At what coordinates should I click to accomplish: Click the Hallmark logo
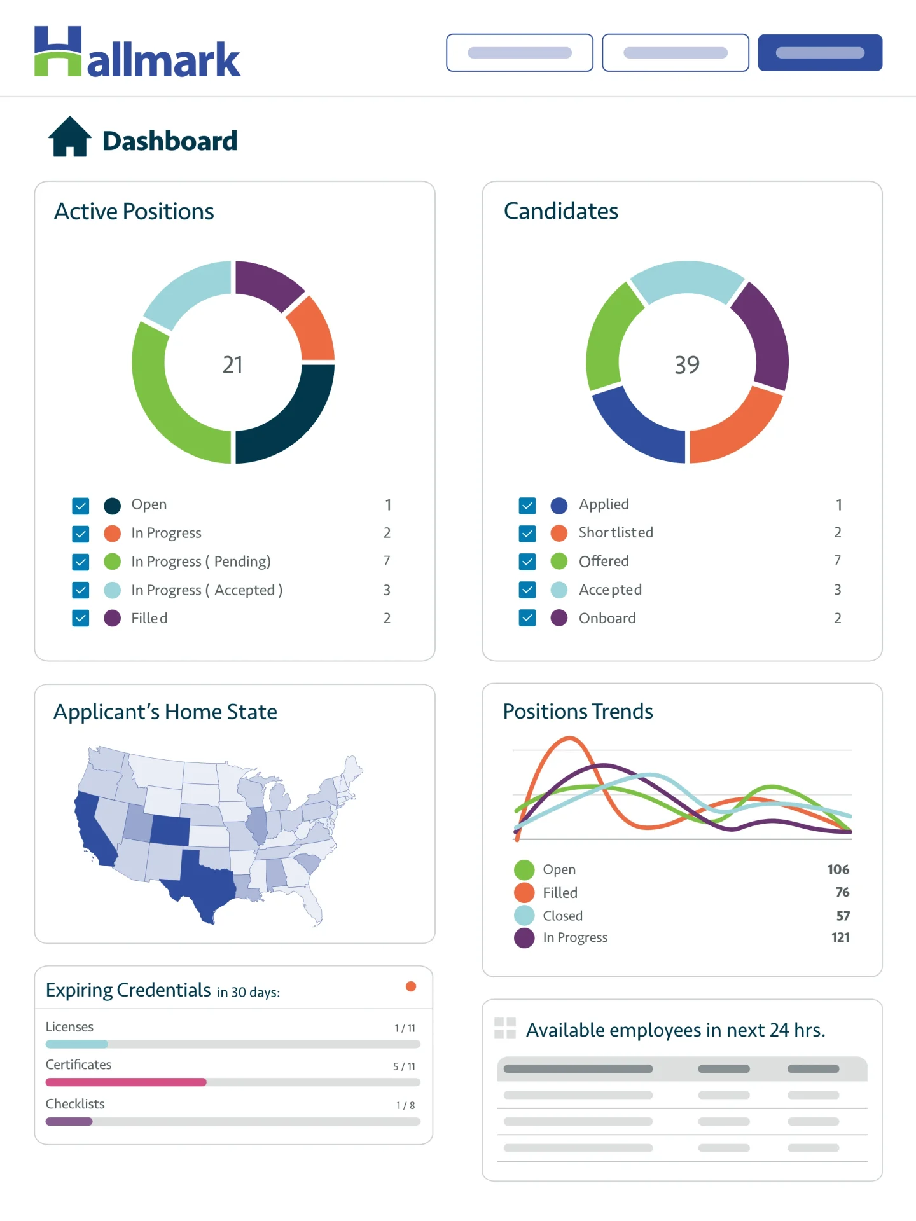(x=137, y=53)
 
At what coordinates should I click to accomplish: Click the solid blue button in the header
(x=819, y=53)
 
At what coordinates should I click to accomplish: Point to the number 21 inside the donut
(x=233, y=364)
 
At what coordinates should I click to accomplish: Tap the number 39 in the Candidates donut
(x=687, y=364)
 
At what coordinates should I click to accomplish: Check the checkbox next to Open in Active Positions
(x=81, y=506)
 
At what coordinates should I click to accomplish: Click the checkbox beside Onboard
(x=527, y=618)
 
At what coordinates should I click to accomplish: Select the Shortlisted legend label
(x=616, y=532)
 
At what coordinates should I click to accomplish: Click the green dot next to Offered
(x=559, y=561)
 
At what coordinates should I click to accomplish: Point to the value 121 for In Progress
(x=840, y=937)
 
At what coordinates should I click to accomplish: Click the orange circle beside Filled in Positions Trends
(x=524, y=892)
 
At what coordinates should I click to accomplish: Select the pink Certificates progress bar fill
(x=126, y=1082)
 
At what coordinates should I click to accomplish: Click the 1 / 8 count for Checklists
(x=405, y=1105)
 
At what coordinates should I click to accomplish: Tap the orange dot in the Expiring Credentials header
(x=411, y=986)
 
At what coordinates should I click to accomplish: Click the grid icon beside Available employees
(x=505, y=1028)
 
